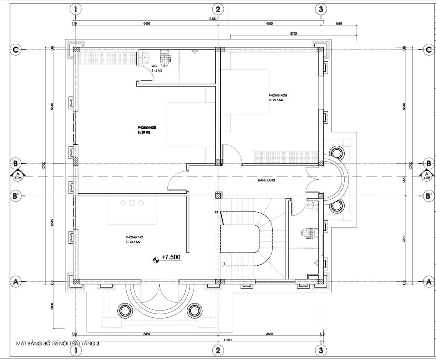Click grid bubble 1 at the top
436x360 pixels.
(76, 9)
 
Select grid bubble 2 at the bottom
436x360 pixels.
(218, 350)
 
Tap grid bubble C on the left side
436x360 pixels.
(16, 49)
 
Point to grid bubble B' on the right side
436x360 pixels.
(428, 196)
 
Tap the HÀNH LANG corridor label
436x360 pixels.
(267, 180)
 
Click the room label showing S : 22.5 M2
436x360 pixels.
(276, 100)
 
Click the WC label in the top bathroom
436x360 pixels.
(154, 66)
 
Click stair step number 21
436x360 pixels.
(217, 212)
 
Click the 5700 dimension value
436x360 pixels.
(293, 34)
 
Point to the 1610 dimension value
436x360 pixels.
(338, 23)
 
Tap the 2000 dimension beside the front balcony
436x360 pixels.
(53, 306)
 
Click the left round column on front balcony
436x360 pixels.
(124, 309)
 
